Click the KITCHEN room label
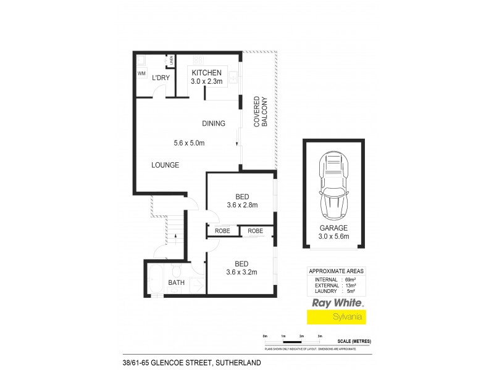click(206, 72)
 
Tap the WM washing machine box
click(141, 73)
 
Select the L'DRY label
click(161, 77)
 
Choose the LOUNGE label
click(165, 165)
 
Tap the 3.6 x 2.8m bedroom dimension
click(241, 205)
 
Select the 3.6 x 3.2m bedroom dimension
click(241, 272)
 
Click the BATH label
click(176, 283)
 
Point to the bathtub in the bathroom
click(156, 279)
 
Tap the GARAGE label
click(333, 228)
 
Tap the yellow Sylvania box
click(337, 317)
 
